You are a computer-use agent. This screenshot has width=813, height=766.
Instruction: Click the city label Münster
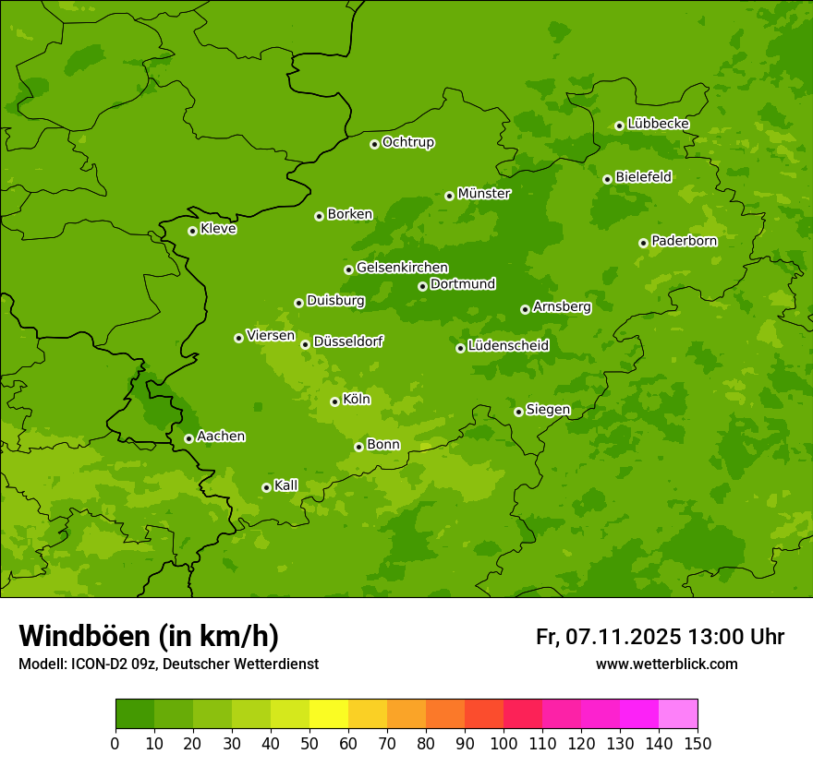tap(483, 194)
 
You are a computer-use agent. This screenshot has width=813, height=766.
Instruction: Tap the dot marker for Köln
tap(334, 401)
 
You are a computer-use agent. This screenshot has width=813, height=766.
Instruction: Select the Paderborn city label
tap(684, 241)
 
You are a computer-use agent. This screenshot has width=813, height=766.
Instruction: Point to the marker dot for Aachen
tap(188, 438)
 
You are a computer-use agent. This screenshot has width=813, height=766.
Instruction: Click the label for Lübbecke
tap(658, 124)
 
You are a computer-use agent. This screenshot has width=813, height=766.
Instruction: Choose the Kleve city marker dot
tap(192, 231)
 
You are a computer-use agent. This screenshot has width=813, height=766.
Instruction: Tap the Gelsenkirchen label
tap(402, 268)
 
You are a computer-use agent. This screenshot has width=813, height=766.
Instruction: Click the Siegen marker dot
tap(518, 412)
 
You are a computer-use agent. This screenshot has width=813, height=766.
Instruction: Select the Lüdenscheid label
tap(508, 346)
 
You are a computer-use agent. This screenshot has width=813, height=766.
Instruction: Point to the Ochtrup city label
tap(407, 142)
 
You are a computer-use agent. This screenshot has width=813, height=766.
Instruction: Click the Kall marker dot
tap(266, 487)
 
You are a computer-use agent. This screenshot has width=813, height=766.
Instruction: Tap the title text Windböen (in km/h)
tap(149, 636)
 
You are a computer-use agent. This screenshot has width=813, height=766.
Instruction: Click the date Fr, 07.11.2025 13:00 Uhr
tap(660, 637)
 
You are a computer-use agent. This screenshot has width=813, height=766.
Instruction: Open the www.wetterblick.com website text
tap(666, 664)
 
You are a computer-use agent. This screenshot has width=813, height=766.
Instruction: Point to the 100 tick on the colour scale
tap(504, 743)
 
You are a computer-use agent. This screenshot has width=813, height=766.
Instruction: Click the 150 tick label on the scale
tap(698, 743)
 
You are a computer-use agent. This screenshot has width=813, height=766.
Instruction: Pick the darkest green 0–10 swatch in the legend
tap(135, 714)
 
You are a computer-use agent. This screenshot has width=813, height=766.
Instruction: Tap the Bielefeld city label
tap(643, 176)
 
